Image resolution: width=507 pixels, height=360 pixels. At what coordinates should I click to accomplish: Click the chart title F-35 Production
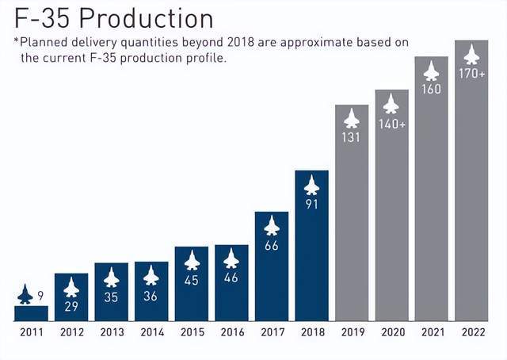coord(113,17)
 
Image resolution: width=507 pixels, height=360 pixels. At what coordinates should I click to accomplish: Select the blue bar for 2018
coord(311,254)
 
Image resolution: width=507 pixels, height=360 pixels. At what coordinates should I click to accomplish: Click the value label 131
coord(352,137)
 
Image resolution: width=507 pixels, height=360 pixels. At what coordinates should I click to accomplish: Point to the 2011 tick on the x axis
coord(31,332)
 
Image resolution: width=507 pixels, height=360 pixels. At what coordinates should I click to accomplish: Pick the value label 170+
coord(471,74)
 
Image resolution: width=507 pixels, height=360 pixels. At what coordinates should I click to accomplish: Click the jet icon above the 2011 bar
coord(25,295)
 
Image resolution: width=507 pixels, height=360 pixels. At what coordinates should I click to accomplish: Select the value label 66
coord(271,246)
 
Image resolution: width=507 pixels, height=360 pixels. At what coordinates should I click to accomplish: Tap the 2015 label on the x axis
coord(191,332)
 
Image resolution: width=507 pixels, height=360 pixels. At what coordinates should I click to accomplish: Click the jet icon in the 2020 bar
coord(391,104)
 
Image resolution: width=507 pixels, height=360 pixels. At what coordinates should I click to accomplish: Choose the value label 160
coord(432,90)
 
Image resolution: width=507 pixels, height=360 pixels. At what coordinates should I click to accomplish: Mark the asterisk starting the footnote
coord(17,41)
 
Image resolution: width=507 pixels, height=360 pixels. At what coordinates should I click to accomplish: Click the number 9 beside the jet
coord(40,295)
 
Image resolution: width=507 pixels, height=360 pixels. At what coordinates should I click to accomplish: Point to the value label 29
coord(71,306)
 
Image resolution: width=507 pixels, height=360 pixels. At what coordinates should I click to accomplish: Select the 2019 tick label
coord(352,332)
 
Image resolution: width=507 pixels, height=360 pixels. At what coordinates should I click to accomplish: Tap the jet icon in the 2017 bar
coord(271,227)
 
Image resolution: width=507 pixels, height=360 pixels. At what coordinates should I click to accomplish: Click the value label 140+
coord(391,124)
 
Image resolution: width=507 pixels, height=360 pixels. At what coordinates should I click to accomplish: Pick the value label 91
coord(311,205)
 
